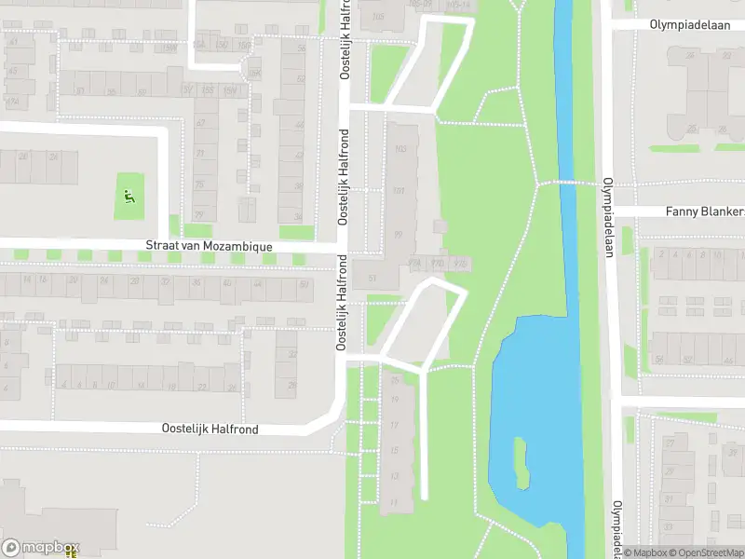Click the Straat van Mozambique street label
209,246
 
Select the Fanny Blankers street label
704,211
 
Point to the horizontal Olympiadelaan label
690,25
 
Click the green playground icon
129,197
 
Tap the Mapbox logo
40,548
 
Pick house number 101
400,191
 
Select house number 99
399,234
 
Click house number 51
372,279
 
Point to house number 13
395,476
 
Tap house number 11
394,503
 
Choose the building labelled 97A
414,265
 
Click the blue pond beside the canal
526,391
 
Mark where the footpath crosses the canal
563,183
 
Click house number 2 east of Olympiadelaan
661,253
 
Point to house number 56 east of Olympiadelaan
659,359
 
